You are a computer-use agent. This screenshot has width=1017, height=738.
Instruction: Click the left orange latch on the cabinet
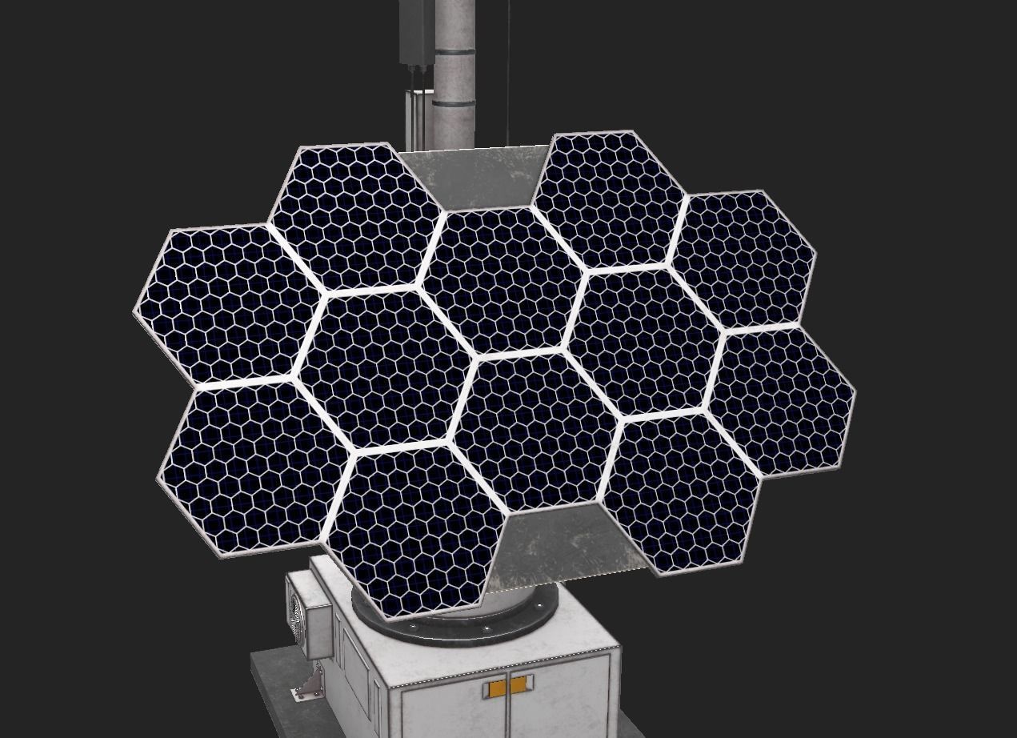(497, 687)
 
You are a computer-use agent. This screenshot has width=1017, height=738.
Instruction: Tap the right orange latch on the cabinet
(519, 684)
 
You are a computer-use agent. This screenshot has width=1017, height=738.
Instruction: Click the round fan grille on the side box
(298, 618)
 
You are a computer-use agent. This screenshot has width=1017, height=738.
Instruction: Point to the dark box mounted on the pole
(416, 32)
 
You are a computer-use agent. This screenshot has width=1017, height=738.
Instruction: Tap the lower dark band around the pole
(454, 102)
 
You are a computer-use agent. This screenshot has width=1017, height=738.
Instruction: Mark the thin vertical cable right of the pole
(508, 72)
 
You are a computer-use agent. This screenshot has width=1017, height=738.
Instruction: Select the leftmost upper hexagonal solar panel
(227, 303)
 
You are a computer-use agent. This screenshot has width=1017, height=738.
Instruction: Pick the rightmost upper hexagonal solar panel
(743, 258)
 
